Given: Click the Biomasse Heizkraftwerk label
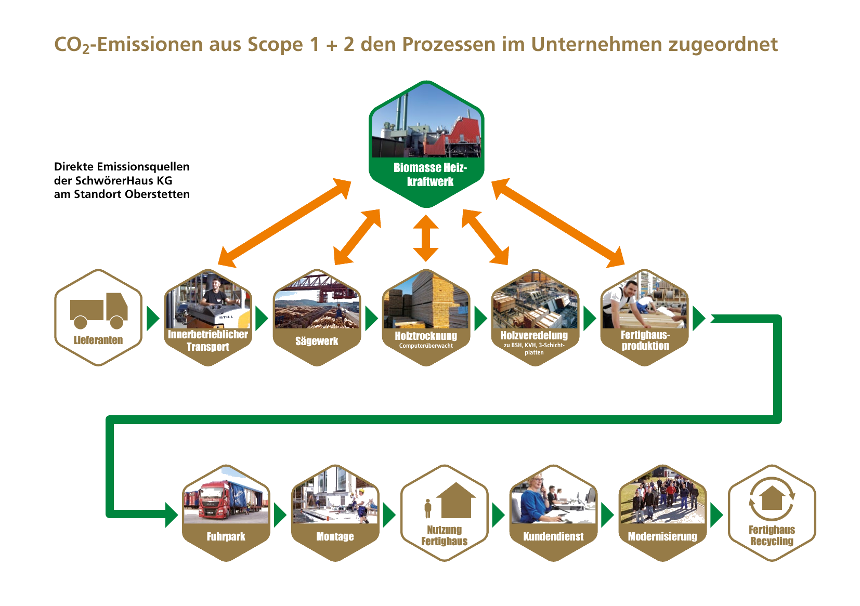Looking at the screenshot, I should pos(430,175).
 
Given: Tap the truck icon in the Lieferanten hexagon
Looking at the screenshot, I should pos(99,310).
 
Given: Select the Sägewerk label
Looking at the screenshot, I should pos(317,341).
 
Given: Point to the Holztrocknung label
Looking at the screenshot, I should pos(426,336).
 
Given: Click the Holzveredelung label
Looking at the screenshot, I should pos(535,336).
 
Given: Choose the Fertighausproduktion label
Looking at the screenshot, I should pos(645,340).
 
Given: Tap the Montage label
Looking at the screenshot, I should pos(335,536).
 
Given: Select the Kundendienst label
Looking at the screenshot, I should pos(554,536).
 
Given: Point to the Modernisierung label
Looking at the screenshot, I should pos(662,536).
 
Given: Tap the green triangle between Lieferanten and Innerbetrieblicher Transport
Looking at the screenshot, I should pos(153,318).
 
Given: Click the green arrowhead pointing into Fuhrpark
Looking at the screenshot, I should pos(172,515).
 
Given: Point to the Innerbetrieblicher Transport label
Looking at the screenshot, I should pos(208,340).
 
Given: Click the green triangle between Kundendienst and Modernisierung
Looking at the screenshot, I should pos(607,515).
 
